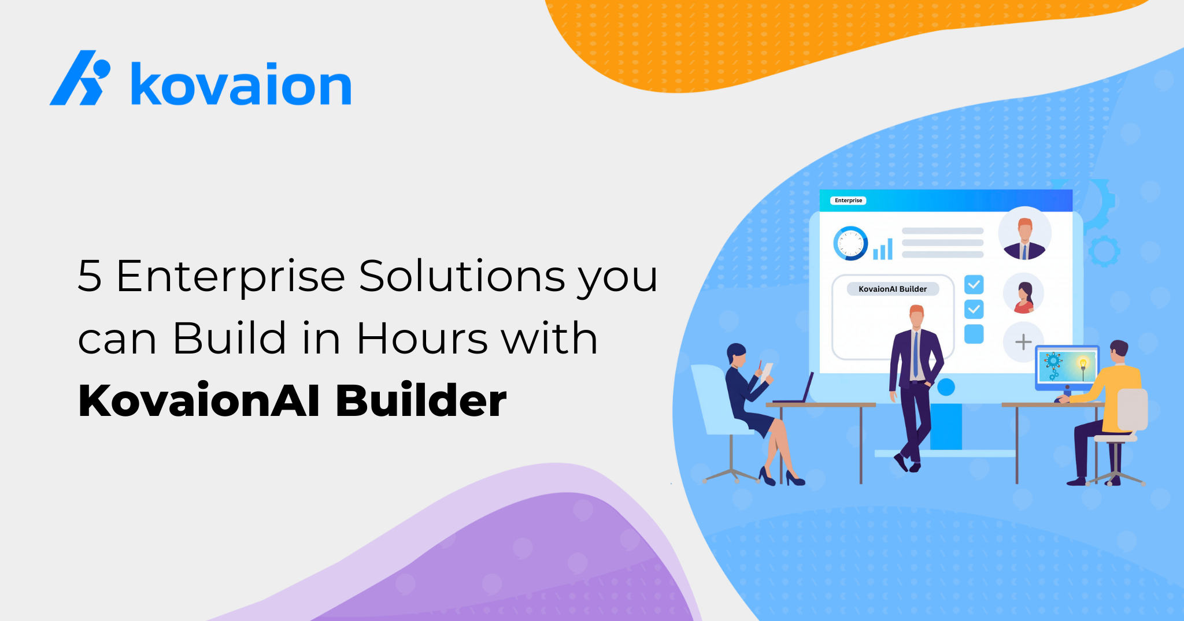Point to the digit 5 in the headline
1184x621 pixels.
click(90, 276)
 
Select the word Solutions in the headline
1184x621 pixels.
click(462, 276)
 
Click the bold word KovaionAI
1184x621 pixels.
click(199, 400)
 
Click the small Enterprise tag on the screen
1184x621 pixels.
click(848, 200)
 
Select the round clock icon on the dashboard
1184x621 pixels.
click(850, 243)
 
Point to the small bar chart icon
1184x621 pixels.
click(883, 250)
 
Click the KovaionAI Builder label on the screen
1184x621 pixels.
click(893, 289)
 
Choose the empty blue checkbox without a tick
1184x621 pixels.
click(974, 334)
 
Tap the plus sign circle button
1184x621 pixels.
click(1023, 342)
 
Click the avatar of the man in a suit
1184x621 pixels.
click(1025, 233)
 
